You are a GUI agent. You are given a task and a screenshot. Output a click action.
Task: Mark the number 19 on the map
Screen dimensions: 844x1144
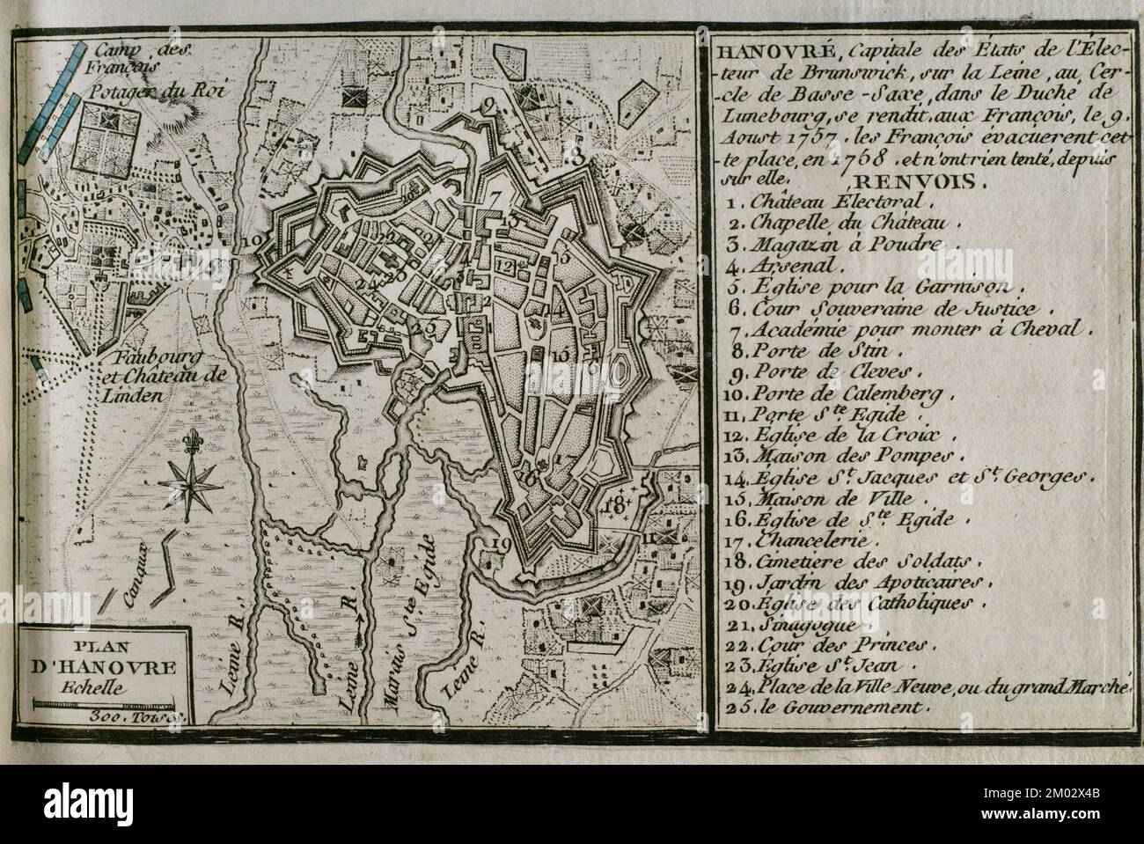tap(501, 543)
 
